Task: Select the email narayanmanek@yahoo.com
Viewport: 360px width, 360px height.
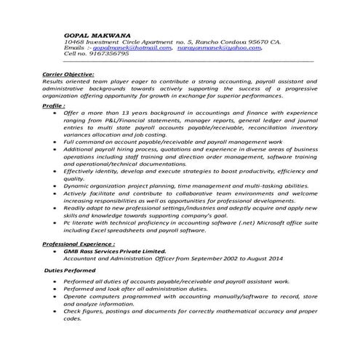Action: point(215,48)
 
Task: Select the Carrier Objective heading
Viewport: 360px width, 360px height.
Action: point(68,74)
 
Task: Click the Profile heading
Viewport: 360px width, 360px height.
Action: point(55,105)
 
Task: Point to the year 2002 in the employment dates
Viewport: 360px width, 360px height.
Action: point(221,257)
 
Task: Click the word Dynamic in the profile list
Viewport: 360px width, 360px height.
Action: point(79,186)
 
